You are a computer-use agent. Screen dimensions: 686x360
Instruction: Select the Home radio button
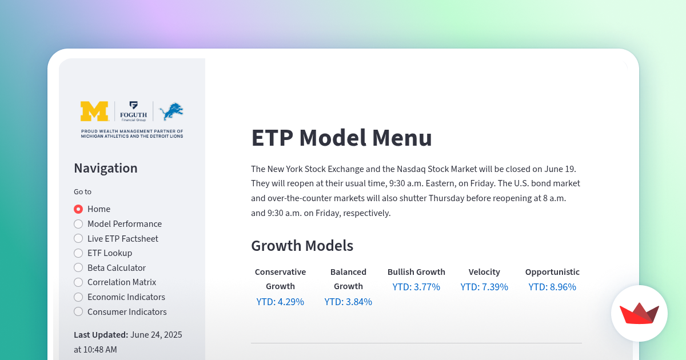(x=78, y=209)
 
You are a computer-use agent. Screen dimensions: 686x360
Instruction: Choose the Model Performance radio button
(x=78, y=224)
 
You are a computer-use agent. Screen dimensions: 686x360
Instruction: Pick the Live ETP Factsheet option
(x=78, y=238)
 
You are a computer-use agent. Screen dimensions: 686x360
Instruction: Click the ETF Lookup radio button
(x=78, y=253)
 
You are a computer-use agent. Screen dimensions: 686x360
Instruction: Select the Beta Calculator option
(x=78, y=267)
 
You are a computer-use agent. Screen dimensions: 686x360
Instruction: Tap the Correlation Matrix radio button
(x=78, y=282)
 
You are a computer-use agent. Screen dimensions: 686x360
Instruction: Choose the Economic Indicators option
(x=78, y=297)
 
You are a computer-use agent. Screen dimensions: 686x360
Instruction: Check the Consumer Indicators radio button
(x=78, y=311)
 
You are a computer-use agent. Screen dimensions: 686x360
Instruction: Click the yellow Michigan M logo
(x=94, y=111)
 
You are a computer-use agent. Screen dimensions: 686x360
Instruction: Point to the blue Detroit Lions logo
(x=171, y=111)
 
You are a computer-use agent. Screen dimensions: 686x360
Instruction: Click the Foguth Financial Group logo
(x=134, y=111)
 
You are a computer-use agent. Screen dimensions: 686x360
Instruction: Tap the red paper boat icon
(x=639, y=314)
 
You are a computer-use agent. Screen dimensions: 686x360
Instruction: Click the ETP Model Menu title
(x=341, y=138)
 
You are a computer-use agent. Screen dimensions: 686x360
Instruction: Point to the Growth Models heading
(x=302, y=246)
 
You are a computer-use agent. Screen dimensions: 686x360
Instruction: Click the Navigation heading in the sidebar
(x=106, y=168)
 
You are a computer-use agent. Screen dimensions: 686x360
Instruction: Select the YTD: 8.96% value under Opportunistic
(x=552, y=287)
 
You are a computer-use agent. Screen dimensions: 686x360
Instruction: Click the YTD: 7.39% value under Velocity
(x=484, y=287)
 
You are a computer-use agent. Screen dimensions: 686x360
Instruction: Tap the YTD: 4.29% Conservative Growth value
(x=280, y=302)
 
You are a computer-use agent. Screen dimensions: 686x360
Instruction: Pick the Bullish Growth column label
(x=416, y=272)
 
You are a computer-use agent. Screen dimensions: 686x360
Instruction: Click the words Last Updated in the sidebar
(x=101, y=335)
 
